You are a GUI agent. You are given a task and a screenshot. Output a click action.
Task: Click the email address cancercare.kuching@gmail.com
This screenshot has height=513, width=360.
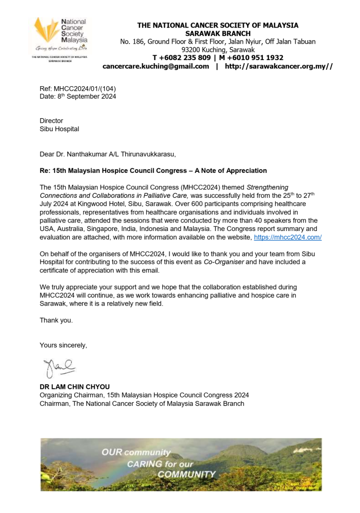tap(155, 66)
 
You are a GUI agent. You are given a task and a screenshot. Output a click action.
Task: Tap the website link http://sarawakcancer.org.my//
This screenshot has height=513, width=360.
tap(278, 66)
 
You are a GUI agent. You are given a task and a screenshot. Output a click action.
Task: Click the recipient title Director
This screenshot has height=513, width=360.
tap(52, 121)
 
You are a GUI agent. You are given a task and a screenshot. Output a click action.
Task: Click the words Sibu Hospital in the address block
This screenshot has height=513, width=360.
tap(59, 129)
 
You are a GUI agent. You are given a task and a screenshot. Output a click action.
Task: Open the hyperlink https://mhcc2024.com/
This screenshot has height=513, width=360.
tap(288, 237)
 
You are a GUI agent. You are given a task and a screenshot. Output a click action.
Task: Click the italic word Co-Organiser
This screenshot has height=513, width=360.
tap(225, 262)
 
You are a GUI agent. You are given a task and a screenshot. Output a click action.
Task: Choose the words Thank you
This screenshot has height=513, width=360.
tap(56, 320)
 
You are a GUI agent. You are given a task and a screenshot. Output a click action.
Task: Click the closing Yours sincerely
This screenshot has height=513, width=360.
tap(63, 345)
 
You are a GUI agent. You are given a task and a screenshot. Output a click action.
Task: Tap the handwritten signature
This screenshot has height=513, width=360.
tap(59, 367)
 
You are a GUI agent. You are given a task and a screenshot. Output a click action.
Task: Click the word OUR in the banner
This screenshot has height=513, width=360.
tap(112, 452)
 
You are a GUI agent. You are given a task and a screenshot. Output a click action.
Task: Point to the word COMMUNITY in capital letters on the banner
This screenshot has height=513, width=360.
tap(187, 474)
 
